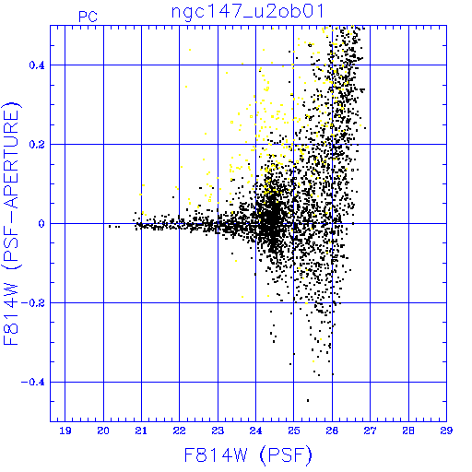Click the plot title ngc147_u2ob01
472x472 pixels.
[x=247, y=13]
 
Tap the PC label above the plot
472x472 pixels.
[x=88, y=17]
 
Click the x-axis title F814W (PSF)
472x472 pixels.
[x=248, y=454]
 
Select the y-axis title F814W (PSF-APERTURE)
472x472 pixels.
[x=12, y=224]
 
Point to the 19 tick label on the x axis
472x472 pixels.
[x=65, y=431]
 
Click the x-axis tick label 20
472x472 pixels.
[x=103, y=431]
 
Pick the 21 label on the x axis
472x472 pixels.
[x=141, y=431]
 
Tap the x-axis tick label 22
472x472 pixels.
[x=180, y=431]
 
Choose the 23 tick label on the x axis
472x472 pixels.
[x=218, y=431]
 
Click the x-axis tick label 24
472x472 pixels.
[x=255, y=431]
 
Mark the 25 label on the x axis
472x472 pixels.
[x=294, y=431]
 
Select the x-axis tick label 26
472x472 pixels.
[x=332, y=431]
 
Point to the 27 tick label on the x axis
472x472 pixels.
[x=371, y=431]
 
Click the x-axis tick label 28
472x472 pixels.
[x=408, y=431]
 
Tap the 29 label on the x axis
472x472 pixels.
[x=446, y=431]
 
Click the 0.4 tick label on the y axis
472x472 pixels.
[x=37, y=65]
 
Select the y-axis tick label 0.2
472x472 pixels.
[x=37, y=145]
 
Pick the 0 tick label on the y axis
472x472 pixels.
[x=41, y=224]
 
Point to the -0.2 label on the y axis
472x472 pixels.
[x=33, y=303]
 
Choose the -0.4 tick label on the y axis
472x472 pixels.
[x=33, y=383]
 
